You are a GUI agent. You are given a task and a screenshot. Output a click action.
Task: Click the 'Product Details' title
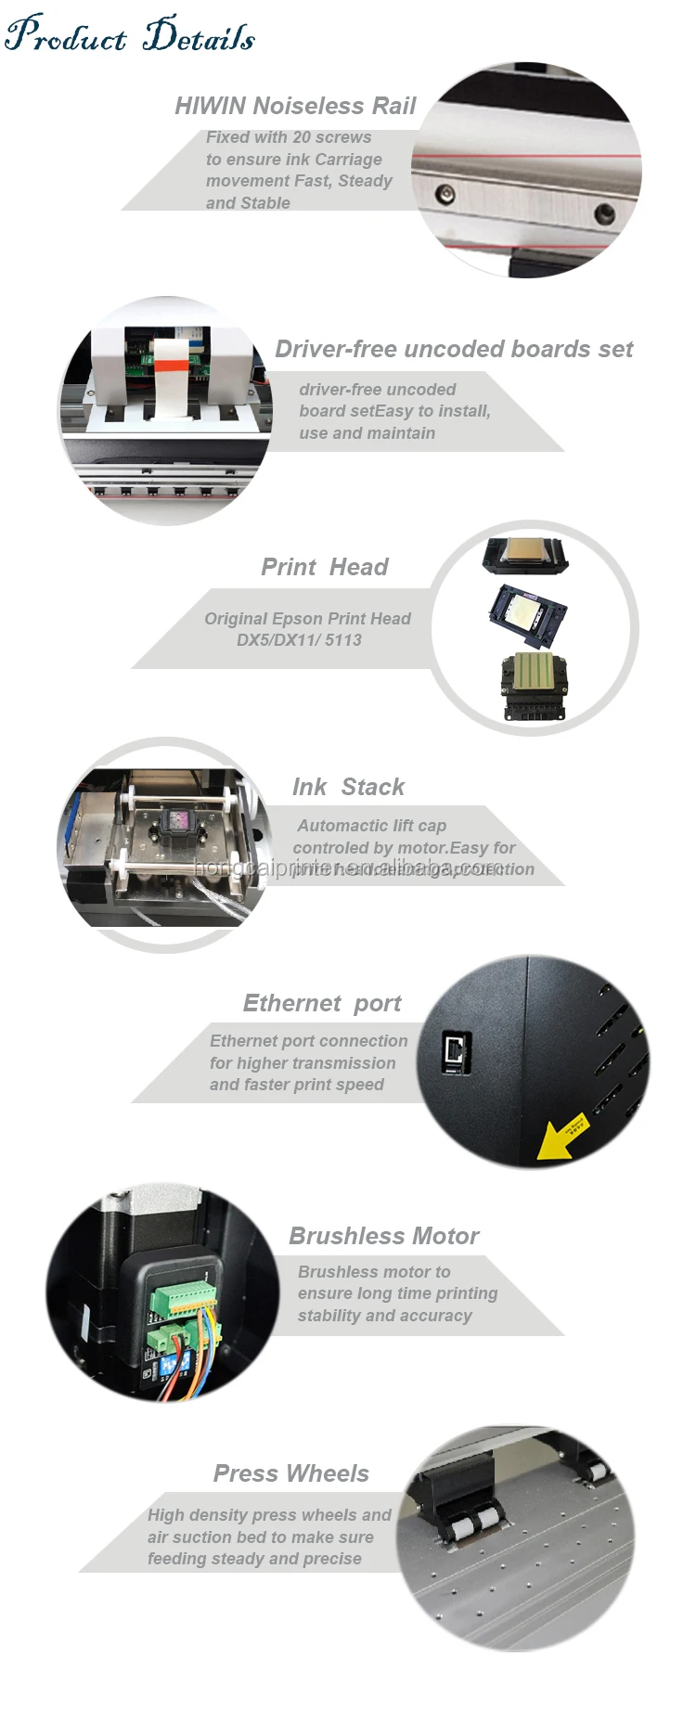click(130, 34)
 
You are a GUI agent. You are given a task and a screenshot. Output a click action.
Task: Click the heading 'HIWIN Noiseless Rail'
click(295, 107)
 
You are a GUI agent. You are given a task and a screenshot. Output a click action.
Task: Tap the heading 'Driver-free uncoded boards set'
click(454, 350)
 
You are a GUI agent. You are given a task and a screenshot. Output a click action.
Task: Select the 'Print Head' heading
click(324, 567)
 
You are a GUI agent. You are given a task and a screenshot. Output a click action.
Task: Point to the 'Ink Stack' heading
click(348, 788)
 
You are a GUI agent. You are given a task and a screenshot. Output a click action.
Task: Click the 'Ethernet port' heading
click(322, 1004)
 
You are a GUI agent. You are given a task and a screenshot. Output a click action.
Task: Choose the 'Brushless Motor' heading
click(383, 1237)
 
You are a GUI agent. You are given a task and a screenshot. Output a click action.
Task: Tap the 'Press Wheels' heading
click(290, 1474)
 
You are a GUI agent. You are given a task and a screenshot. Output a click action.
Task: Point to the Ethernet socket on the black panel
click(457, 1051)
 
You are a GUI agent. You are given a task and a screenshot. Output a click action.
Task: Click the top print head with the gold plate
click(525, 556)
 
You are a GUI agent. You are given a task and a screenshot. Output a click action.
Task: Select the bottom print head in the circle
click(534, 684)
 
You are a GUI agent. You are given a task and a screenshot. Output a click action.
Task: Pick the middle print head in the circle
click(527, 614)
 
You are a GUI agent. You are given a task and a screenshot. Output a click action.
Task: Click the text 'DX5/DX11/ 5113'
click(299, 640)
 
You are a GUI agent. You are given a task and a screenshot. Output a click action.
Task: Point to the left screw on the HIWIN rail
click(447, 193)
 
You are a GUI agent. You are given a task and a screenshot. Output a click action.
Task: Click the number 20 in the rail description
click(303, 137)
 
